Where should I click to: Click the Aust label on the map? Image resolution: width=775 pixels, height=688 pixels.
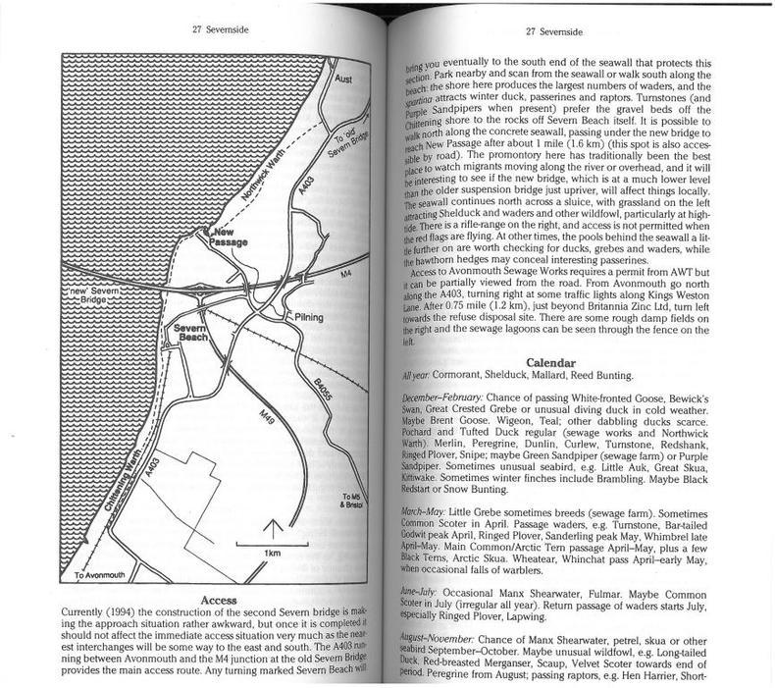[342, 76]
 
